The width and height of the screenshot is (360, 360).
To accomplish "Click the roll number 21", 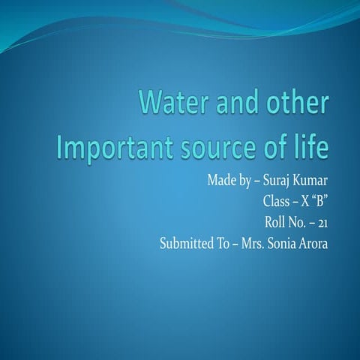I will pos(322,223).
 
